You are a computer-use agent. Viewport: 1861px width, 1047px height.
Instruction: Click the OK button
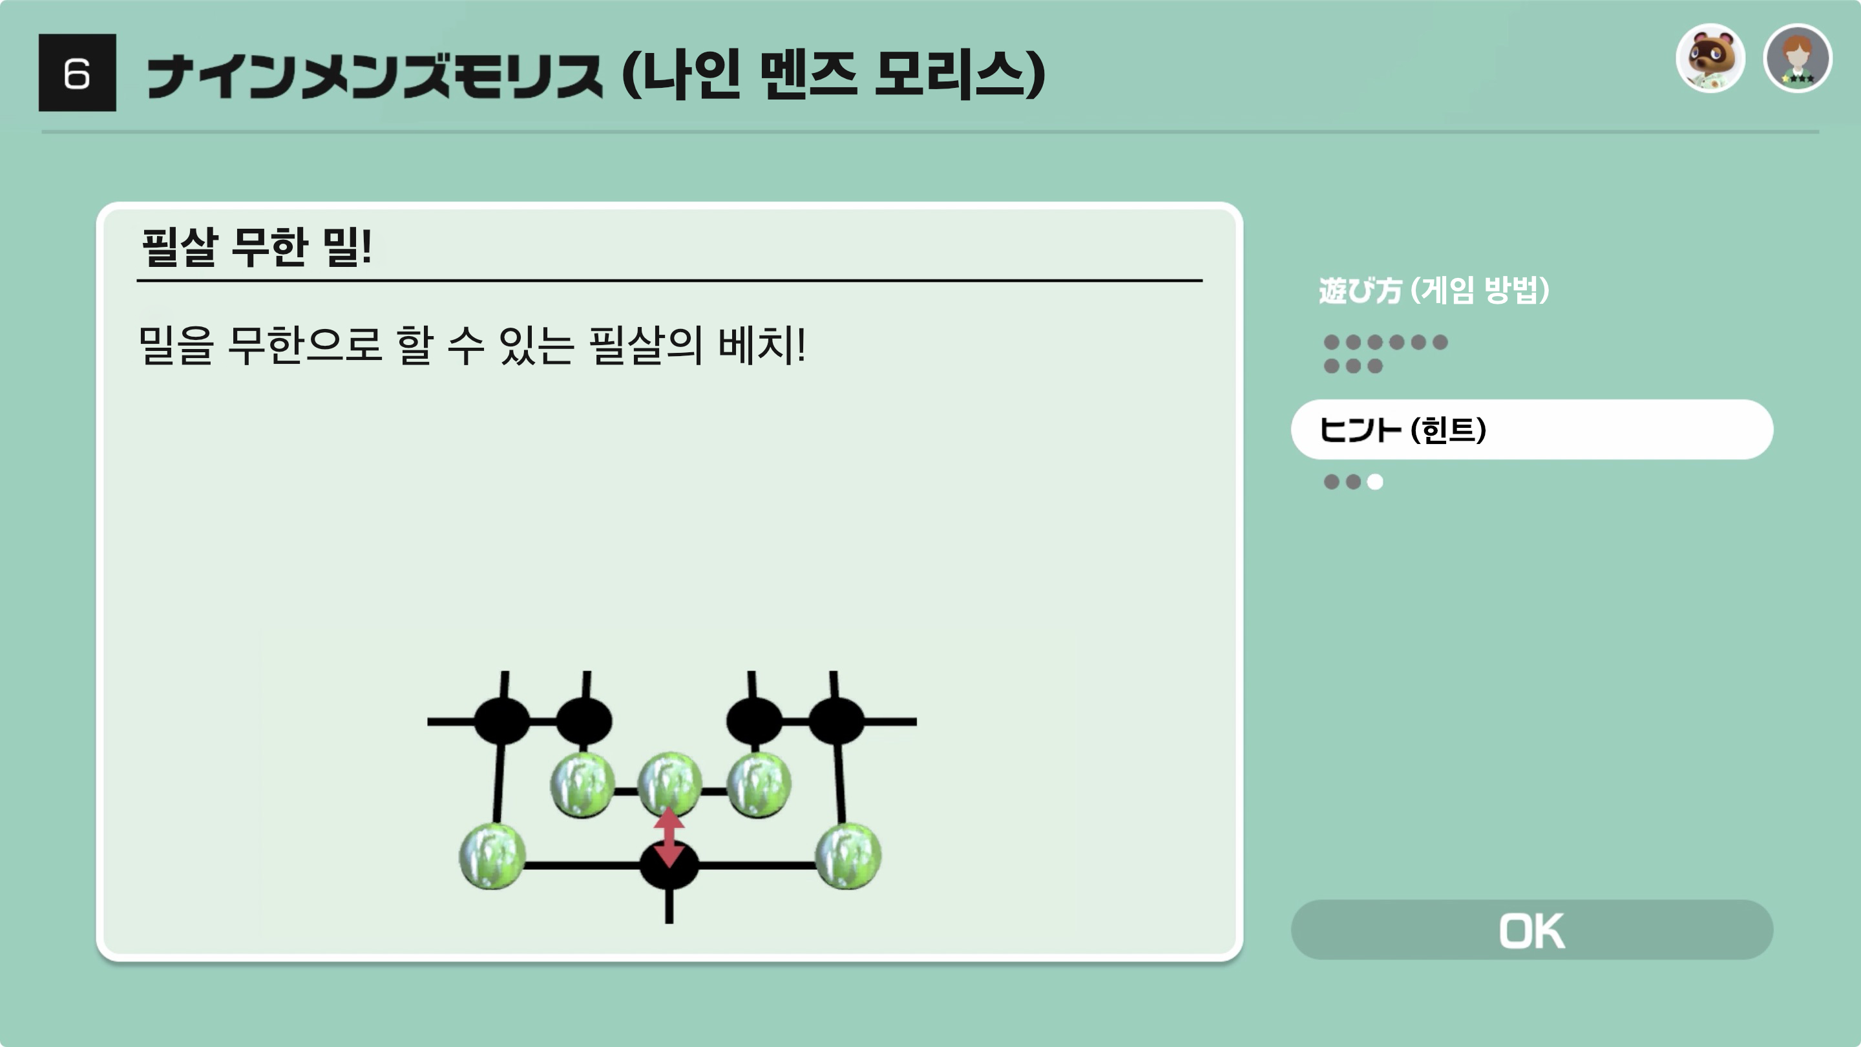tap(1531, 930)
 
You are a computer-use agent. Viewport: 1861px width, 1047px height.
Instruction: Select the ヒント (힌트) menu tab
tap(1531, 429)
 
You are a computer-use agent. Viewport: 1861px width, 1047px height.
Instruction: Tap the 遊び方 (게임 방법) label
tap(1433, 290)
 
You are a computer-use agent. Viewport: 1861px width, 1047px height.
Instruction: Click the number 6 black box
tap(78, 73)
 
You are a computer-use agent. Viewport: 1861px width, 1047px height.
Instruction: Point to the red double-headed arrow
tap(669, 837)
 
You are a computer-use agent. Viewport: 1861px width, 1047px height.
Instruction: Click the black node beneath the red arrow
tap(669, 865)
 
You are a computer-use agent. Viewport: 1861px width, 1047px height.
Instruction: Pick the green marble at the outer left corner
tap(492, 857)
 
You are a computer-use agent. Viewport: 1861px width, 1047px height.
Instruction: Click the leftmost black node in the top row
tap(502, 721)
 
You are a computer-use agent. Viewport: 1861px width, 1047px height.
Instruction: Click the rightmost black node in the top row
tap(836, 721)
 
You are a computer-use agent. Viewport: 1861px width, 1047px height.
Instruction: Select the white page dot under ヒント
tap(1375, 482)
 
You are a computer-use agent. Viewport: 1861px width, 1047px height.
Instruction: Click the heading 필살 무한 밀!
tap(257, 247)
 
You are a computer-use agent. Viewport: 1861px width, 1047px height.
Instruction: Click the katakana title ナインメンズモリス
tap(374, 76)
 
